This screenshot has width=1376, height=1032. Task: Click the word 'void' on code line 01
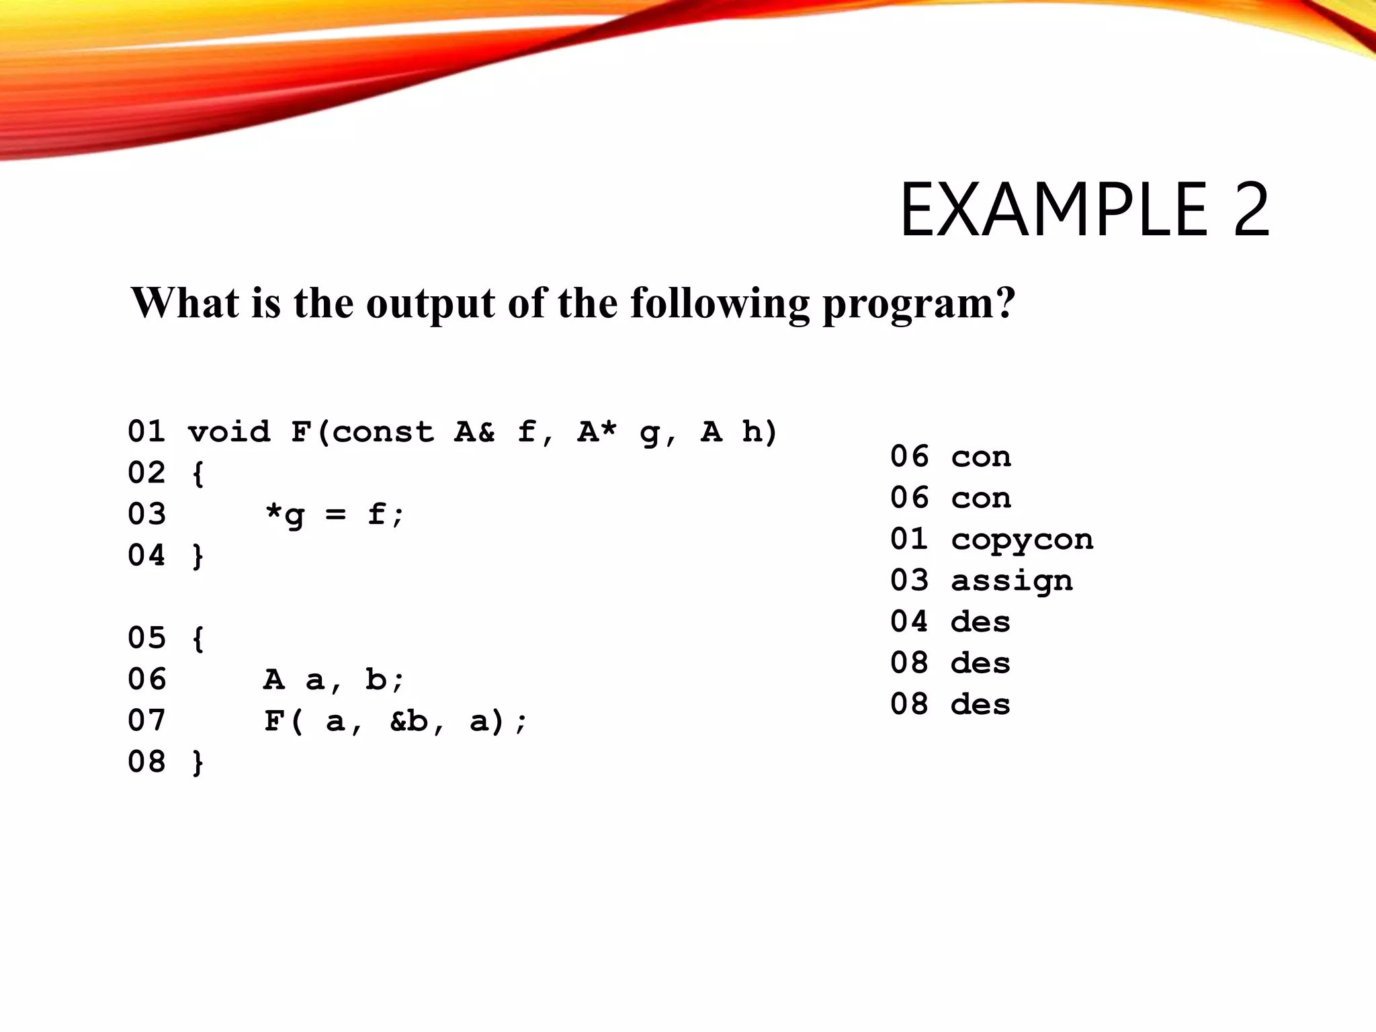pyautogui.click(x=229, y=432)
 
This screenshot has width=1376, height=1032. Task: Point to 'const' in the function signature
pyautogui.click(x=383, y=432)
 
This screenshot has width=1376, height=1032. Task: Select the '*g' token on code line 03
pyautogui.click(x=285, y=515)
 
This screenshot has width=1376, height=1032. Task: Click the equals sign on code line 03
pyautogui.click(x=335, y=515)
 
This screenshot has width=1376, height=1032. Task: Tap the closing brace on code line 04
pyautogui.click(x=198, y=556)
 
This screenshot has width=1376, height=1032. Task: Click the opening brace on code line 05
pyautogui.click(x=198, y=639)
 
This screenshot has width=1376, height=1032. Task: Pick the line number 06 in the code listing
pyautogui.click(x=146, y=679)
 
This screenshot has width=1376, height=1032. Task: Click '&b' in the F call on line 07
pyautogui.click(x=408, y=722)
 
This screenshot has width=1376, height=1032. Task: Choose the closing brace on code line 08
pyautogui.click(x=198, y=763)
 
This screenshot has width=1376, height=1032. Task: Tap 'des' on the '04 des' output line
pyautogui.click(x=981, y=622)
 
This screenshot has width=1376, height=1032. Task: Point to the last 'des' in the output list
pyautogui.click(x=981, y=705)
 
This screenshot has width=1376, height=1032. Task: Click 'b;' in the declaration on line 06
pyautogui.click(x=385, y=679)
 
